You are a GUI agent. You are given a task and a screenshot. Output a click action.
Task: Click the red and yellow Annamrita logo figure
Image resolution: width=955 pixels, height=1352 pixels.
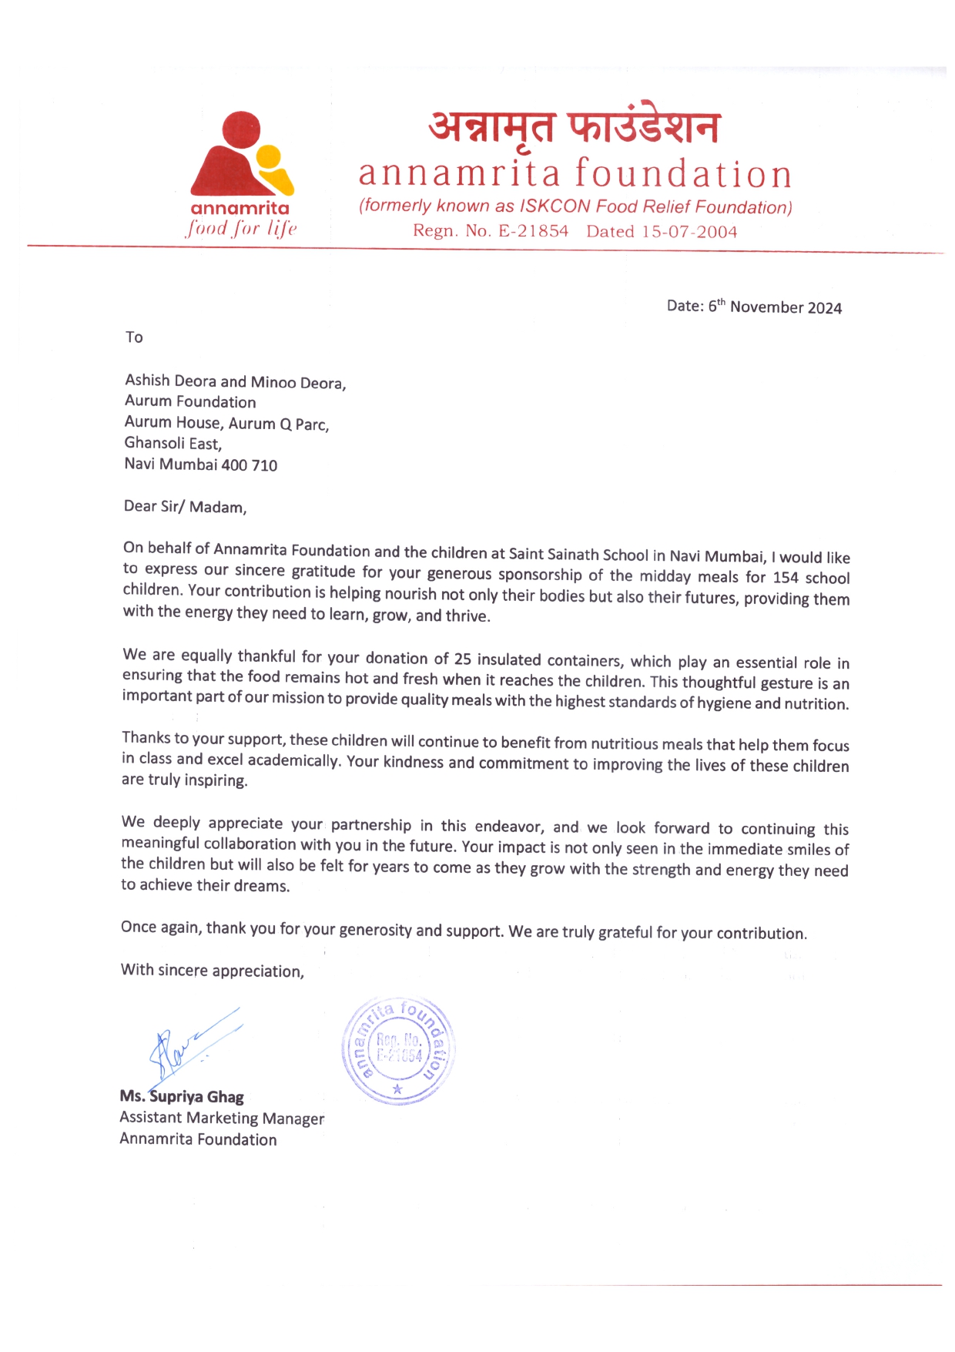coord(241,154)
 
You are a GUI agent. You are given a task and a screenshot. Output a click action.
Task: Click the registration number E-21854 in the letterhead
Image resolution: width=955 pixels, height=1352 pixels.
coord(533,231)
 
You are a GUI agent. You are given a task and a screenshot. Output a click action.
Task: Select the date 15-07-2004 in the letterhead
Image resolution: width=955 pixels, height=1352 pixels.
coord(689,232)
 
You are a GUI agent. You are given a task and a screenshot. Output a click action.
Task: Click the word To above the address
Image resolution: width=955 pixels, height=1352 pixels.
coord(135,337)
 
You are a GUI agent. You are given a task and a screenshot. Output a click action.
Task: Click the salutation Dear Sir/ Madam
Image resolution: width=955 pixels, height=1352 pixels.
coord(185,507)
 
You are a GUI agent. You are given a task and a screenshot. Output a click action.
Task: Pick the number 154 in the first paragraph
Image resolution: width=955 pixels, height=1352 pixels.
coord(786,578)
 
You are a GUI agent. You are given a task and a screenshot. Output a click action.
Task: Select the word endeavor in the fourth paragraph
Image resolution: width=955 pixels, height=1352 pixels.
coord(509,827)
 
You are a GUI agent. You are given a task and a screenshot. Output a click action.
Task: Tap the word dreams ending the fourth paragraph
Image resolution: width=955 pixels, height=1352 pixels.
coord(265,886)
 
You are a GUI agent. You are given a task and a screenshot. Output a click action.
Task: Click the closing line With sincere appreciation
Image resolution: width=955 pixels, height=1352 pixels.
coord(213,971)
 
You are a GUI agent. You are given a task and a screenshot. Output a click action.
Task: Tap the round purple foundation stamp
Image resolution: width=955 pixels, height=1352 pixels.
coord(398,1051)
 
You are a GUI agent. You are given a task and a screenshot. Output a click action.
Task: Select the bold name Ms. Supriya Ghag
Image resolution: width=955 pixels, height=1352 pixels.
coord(182,1097)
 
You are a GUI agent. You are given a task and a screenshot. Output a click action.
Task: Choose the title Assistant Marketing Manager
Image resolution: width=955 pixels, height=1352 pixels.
coord(222,1119)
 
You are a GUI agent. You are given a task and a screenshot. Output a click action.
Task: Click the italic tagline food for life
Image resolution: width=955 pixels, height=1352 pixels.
coord(241,229)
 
